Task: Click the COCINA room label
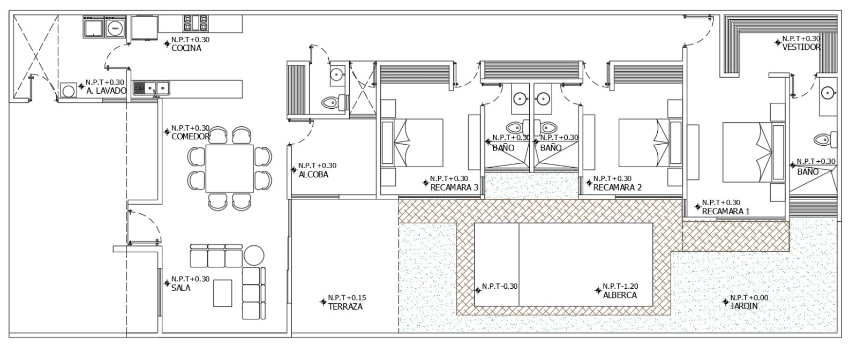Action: coord(186,48)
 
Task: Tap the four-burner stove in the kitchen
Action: coord(196,23)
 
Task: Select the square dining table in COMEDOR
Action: coord(230,168)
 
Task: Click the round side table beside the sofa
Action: coord(254,255)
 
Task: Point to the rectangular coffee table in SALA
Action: coord(223,293)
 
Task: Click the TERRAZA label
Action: coord(345,306)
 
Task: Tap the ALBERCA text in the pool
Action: coord(620,295)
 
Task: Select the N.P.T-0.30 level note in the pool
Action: coord(500,286)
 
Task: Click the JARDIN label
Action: coord(744,306)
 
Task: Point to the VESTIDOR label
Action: coord(801,47)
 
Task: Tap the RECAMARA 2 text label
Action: coord(618,187)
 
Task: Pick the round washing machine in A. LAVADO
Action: coord(69,91)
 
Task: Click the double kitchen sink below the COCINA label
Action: coord(151,88)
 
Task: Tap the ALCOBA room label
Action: coord(313,175)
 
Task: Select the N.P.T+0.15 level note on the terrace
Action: coord(347,298)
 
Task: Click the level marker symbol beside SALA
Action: coord(167,283)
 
